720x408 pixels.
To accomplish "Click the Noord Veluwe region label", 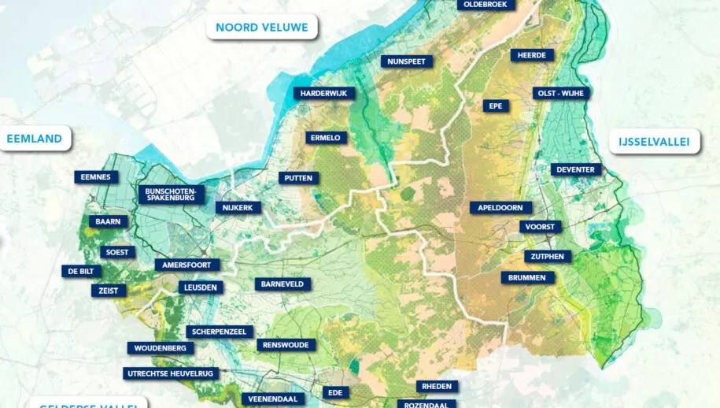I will (x=262, y=27).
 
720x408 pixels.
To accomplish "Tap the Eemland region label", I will (x=35, y=139).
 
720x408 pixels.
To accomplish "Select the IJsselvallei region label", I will (x=655, y=142).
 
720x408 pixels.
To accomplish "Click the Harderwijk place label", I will (x=325, y=94).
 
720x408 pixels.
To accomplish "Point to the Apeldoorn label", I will (x=500, y=208).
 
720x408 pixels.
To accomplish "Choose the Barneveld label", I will (x=283, y=284).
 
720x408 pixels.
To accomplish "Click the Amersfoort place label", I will (x=187, y=265).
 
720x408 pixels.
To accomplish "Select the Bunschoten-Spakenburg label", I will (x=172, y=195).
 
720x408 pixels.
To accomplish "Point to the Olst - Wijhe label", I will (x=561, y=93).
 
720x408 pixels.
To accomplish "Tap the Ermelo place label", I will (x=326, y=138).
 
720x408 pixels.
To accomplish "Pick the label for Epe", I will (x=496, y=106).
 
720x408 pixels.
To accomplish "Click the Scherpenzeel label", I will (x=220, y=332).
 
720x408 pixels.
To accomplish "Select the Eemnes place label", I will (x=97, y=177).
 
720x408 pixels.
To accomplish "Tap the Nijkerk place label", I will (x=238, y=208).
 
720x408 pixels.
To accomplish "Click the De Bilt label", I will (x=82, y=271).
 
